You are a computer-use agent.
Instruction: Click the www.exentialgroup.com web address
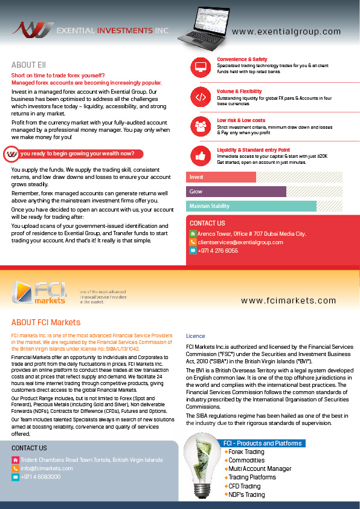coord(286,32)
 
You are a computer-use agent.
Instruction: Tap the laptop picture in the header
coord(203,26)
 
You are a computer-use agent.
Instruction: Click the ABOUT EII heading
coord(28,65)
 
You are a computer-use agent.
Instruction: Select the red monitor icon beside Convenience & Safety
coord(200,66)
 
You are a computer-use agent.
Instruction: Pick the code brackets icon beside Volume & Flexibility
coord(200,97)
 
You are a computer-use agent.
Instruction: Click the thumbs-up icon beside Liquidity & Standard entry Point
coord(200,156)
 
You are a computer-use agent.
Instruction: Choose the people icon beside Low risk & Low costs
coord(200,126)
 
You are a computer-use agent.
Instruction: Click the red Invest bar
coord(221,177)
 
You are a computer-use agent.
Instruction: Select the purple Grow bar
coord(236,192)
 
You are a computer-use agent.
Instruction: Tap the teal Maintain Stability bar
coord(251,206)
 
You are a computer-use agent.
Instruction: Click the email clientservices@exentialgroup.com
coord(240,242)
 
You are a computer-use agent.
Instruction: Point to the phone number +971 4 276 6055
coord(218,250)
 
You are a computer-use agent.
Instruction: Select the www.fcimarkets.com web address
coord(288,300)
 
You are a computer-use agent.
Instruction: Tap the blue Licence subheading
coord(195,336)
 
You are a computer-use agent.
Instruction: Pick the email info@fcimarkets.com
coord(47,468)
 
